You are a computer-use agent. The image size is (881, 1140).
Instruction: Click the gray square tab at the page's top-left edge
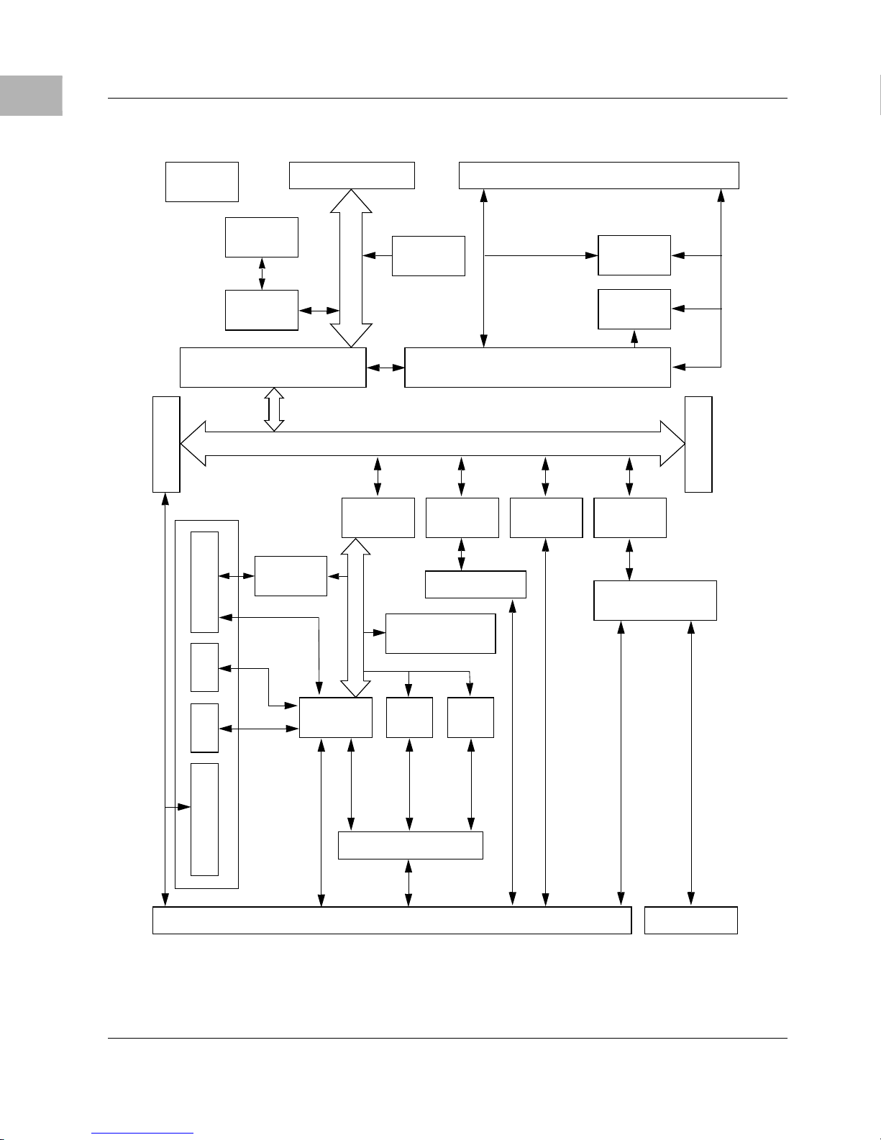point(31,96)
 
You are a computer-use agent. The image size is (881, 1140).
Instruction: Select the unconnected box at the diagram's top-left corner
point(201,181)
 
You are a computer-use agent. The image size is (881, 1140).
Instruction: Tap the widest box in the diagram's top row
point(598,175)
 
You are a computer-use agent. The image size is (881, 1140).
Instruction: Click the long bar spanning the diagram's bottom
point(391,921)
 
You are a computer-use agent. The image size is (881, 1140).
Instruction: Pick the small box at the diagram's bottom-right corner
point(690,921)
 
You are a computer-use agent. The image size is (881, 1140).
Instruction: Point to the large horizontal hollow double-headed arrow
point(432,444)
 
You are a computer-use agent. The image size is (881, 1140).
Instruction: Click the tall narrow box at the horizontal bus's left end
point(166,444)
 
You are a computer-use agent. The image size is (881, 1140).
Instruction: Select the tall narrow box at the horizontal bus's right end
point(698,444)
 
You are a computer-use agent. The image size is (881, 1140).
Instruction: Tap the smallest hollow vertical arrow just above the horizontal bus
point(273,409)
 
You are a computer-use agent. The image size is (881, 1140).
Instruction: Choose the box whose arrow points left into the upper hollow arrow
point(428,255)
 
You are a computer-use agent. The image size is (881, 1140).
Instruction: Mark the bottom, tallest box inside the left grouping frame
point(204,819)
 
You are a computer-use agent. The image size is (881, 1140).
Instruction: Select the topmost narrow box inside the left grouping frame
point(204,582)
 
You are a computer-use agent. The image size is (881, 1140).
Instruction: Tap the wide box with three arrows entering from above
point(410,845)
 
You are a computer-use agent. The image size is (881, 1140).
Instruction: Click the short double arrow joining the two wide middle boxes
point(385,368)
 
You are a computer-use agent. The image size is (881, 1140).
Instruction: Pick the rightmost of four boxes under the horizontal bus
point(630,517)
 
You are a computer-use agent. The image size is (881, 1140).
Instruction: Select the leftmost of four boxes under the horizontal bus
point(378,517)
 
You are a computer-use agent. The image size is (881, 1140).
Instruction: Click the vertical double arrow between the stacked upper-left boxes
point(262,273)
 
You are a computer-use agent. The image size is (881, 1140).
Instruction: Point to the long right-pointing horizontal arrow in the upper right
point(542,255)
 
